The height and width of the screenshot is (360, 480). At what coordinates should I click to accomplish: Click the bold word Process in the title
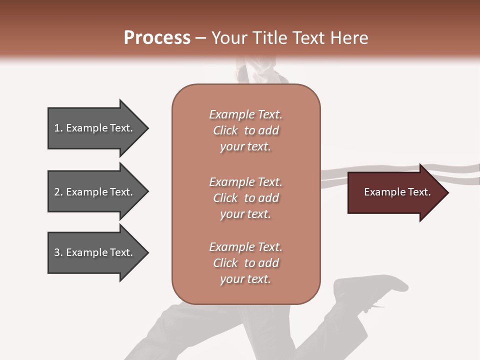(157, 38)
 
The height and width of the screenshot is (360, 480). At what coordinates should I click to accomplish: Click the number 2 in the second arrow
(57, 192)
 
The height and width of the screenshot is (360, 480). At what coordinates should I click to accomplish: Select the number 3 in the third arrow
(57, 252)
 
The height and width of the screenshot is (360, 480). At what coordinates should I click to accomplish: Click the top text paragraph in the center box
(245, 130)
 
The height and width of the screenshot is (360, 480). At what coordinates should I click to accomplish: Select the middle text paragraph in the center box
(245, 198)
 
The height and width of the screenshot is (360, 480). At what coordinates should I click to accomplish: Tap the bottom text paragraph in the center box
(245, 263)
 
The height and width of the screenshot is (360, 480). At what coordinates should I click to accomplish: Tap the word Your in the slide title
(227, 38)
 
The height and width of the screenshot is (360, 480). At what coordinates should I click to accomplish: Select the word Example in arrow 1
(87, 128)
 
